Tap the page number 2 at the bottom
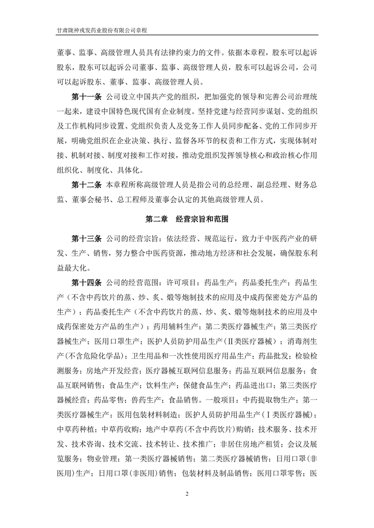(187, 494)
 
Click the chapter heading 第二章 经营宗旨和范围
(187, 219)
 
